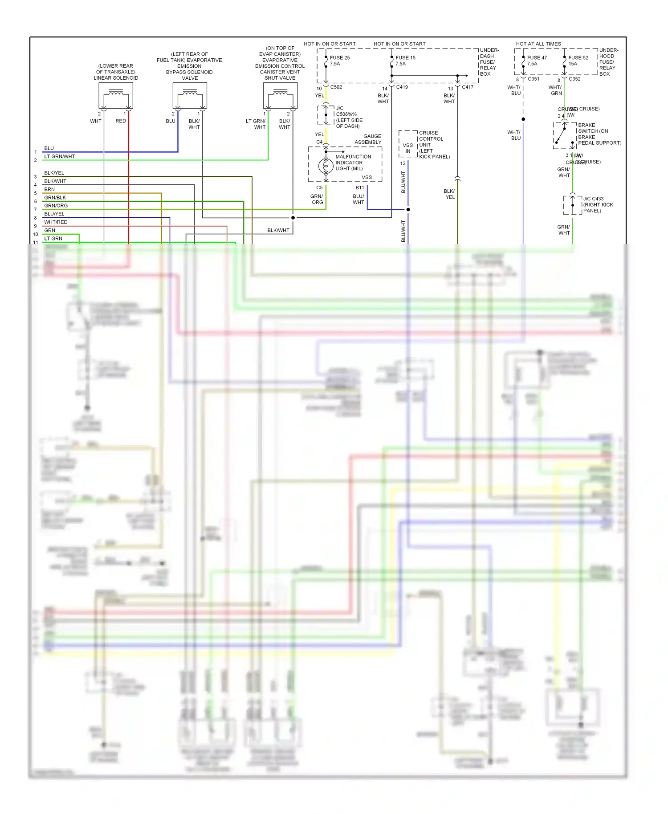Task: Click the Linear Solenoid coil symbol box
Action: click(116, 96)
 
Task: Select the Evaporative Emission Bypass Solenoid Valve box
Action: click(190, 96)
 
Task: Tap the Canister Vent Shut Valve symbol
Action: click(280, 96)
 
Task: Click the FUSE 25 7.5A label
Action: click(339, 61)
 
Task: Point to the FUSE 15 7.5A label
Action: click(405, 61)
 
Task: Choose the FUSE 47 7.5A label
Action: click(537, 61)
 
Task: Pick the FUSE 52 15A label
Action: click(578, 61)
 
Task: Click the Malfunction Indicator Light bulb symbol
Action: click(326, 166)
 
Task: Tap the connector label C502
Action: click(336, 87)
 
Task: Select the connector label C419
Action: click(402, 87)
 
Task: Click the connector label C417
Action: click(468, 87)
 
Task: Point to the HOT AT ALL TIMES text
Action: click(538, 44)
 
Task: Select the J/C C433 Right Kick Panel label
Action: click(598, 205)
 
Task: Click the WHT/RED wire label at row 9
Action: click(56, 222)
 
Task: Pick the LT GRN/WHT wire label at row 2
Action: click(59, 156)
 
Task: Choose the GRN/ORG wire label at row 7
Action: click(56, 206)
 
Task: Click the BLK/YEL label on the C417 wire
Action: click(449, 194)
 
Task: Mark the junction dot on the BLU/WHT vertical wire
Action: click(408, 209)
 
